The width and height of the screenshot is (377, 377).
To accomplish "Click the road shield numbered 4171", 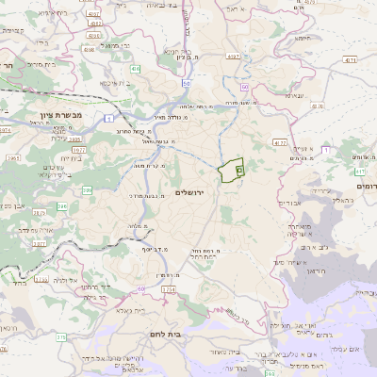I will pos(352,59).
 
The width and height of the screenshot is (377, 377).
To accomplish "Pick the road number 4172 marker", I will pos(278,142).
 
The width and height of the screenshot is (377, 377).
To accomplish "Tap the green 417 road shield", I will pos(360,172).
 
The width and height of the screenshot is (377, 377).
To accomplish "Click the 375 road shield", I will pos(61,336).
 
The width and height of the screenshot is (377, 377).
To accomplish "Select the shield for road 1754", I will pos(168,289).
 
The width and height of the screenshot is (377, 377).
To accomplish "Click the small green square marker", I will pos(239,171).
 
